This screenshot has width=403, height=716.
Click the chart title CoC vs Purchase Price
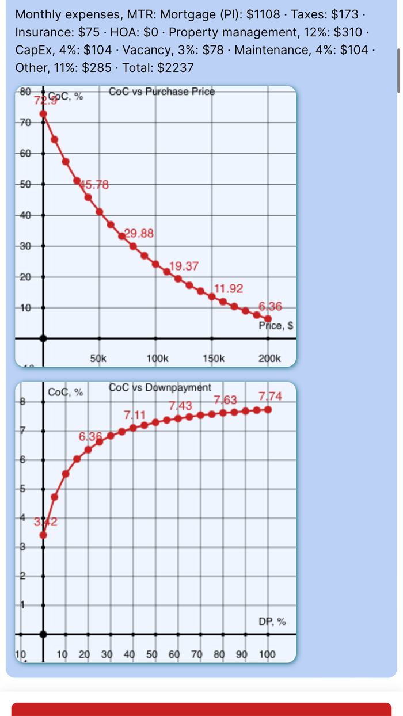161,92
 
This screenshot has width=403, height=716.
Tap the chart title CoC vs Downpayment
160,387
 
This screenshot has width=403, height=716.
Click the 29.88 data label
139,233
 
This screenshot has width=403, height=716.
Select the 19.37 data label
184,266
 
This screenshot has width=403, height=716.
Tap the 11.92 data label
229,288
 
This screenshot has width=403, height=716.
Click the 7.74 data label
270,396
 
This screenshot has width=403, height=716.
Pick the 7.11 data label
135,414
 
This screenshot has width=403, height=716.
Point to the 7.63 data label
225,399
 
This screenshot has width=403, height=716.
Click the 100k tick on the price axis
157,358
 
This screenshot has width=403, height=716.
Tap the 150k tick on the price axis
214,358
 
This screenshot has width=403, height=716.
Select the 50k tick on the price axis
98,358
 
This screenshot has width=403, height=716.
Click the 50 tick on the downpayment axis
151,654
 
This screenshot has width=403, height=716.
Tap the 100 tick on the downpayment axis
267,654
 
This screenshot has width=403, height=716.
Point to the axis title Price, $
276,326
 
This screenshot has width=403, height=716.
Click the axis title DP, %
272,622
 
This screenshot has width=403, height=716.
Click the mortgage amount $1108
265,14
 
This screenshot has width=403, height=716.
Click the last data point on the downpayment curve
268,409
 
